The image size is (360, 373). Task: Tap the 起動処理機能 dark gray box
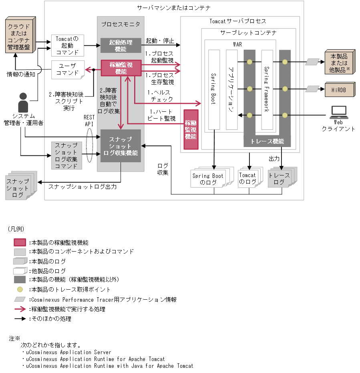coord(121,45)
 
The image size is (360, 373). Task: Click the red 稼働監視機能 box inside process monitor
coord(121,68)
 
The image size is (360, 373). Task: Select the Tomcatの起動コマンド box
coord(67,45)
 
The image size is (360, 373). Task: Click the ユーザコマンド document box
coord(67,70)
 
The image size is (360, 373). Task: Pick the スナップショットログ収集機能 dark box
coord(121,146)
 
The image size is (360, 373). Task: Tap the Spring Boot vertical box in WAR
coord(214,90)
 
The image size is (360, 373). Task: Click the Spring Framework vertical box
coord(267,90)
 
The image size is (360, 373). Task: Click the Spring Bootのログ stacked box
coord(208,179)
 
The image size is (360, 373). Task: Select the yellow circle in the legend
coord(20,289)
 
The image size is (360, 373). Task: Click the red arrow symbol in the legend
coord(20,309)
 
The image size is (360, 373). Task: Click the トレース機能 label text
coord(267,141)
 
